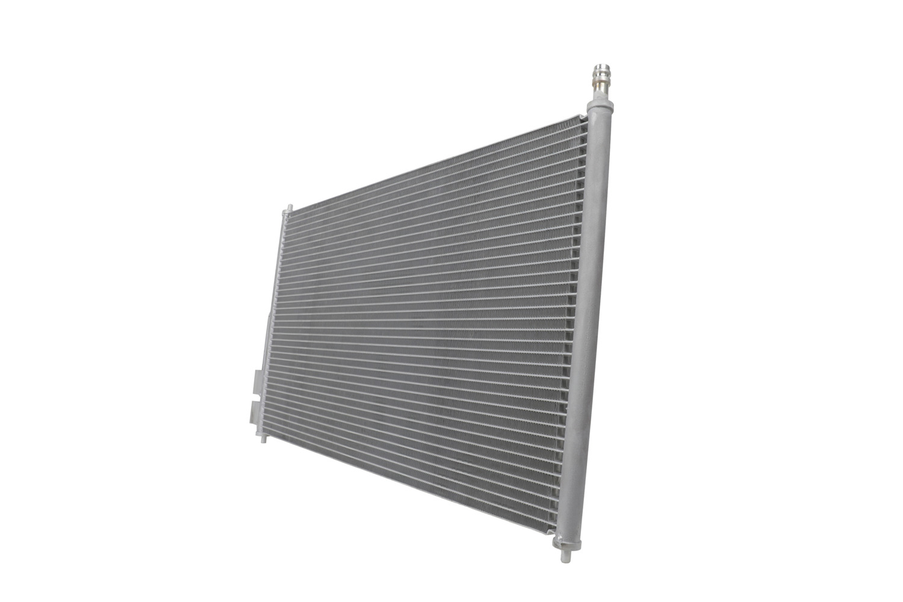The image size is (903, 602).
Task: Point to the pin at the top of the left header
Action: tap(288, 208)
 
